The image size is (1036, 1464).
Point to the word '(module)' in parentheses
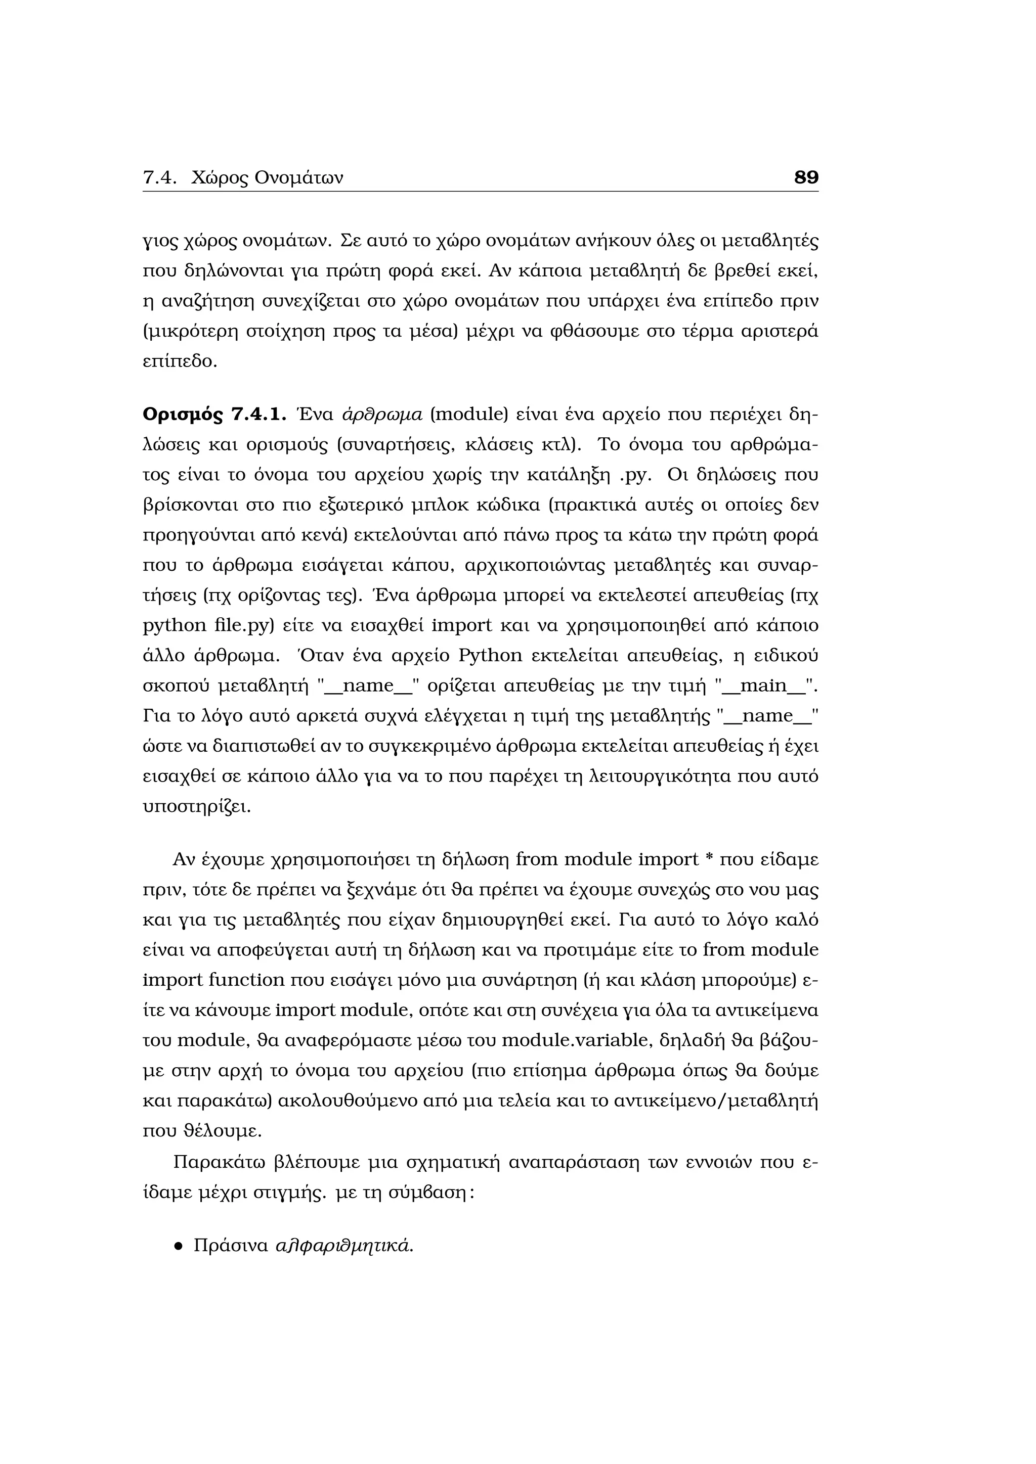pos(469,415)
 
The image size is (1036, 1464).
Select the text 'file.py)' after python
pos(244,625)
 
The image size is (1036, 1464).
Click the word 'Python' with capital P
pos(490,656)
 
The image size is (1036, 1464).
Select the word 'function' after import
pos(246,980)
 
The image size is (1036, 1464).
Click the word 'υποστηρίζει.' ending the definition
pos(196,807)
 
